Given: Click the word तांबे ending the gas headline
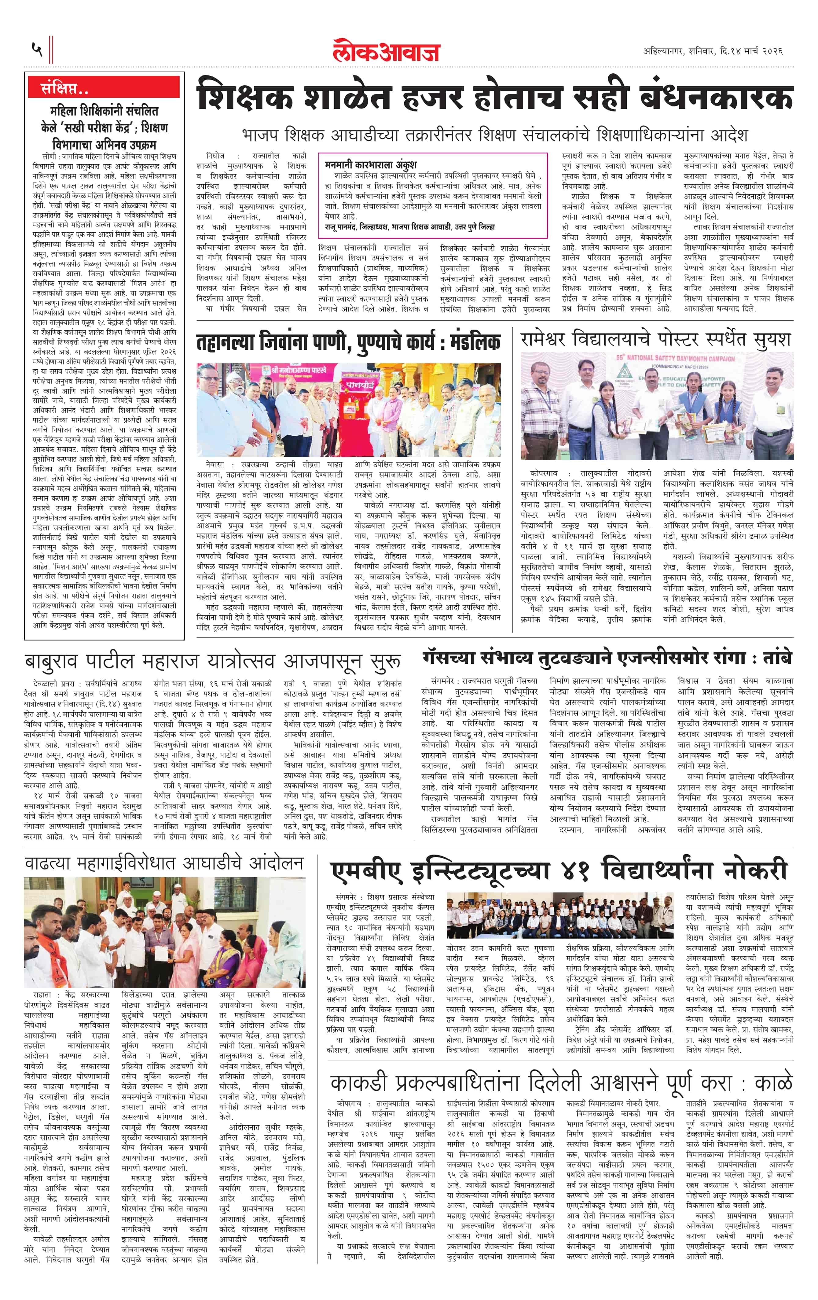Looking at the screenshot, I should [775, 658].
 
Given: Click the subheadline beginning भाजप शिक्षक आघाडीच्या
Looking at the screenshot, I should [495, 135].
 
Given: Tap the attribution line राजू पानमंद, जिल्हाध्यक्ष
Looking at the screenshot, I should [410, 227].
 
